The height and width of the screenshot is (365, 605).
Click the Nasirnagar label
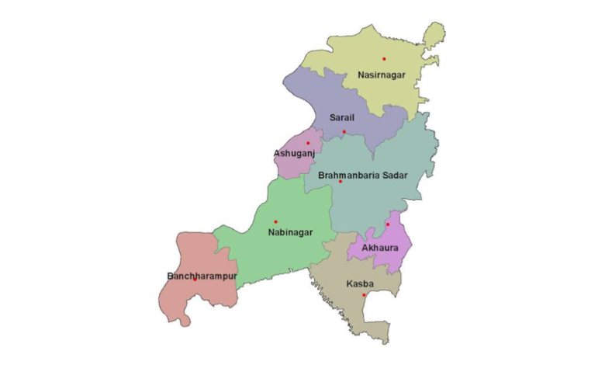(381, 75)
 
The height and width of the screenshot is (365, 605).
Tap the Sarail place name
(342, 116)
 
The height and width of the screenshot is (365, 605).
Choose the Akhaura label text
(380, 248)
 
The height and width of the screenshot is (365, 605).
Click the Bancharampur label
(202, 276)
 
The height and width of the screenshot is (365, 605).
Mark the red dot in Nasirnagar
(383, 59)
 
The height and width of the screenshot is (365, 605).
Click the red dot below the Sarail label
(344, 132)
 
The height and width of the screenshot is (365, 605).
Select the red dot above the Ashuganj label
(308, 143)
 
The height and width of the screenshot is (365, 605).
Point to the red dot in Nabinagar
(275, 222)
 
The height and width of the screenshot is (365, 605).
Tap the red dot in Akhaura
(388, 224)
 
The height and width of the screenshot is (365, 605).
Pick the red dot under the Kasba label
(364, 295)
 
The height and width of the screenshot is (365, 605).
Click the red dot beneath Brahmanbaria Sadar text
(340, 182)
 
